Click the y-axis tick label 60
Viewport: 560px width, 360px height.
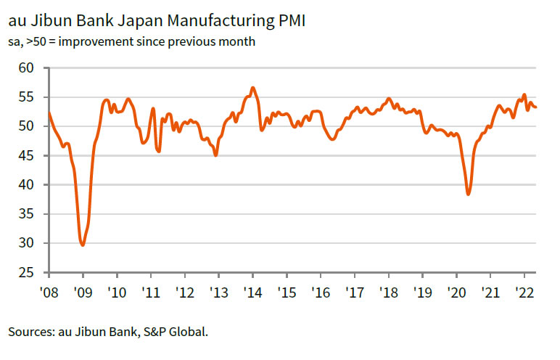27,68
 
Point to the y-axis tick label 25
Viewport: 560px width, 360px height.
27,273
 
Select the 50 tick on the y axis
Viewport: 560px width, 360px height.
27,126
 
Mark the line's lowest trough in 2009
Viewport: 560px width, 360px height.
83,245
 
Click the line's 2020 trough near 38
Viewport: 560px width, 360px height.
469,195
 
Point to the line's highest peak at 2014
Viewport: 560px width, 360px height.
252,88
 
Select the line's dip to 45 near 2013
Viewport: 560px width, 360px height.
215,155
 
